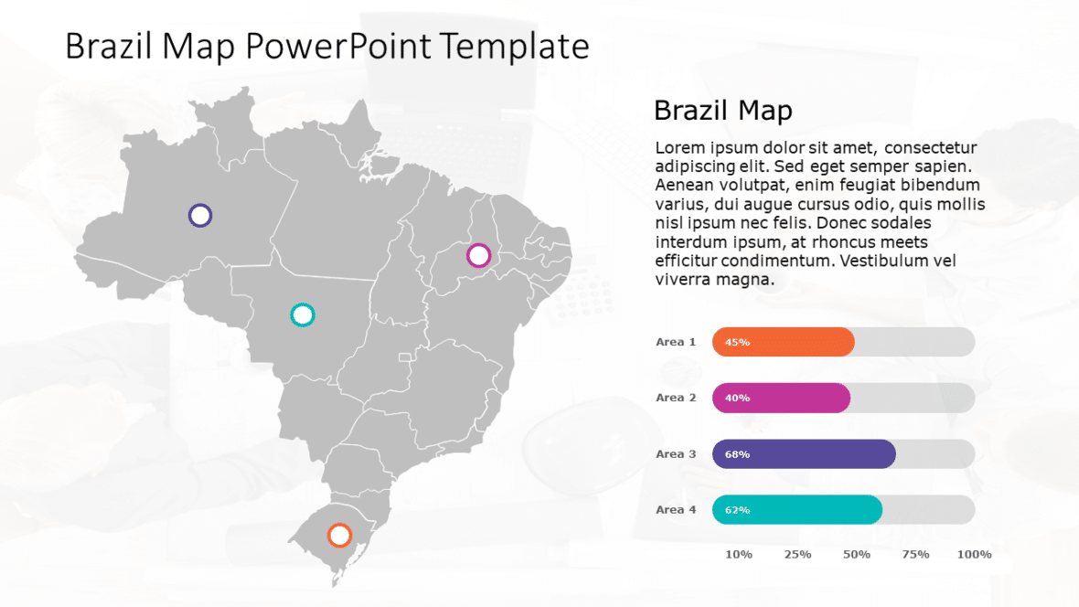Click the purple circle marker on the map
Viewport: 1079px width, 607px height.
point(200,216)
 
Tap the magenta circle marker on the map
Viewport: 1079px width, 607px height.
point(478,255)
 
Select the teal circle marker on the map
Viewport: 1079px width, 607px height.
point(302,315)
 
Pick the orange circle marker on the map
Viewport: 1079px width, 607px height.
point(339,535)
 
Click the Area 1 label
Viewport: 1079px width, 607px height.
point(676,342)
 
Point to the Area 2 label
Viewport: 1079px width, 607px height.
point(676,398)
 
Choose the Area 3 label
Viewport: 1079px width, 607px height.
point(676,453)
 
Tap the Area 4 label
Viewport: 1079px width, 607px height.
point(676,509)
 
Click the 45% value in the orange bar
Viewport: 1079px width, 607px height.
point(737,343)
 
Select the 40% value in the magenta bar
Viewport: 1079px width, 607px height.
point(737,399)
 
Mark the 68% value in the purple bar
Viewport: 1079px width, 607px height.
point(737,454)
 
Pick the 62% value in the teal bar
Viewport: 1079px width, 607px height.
point(737,510)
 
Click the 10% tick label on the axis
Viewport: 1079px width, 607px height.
point(739,555)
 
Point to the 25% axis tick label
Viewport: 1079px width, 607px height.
point(797,555)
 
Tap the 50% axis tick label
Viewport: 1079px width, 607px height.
point(857,555)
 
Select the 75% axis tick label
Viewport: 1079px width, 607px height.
point(915,555)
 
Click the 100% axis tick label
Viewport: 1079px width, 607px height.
point(974,555)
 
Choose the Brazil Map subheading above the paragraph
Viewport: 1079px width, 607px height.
point(722,111)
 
